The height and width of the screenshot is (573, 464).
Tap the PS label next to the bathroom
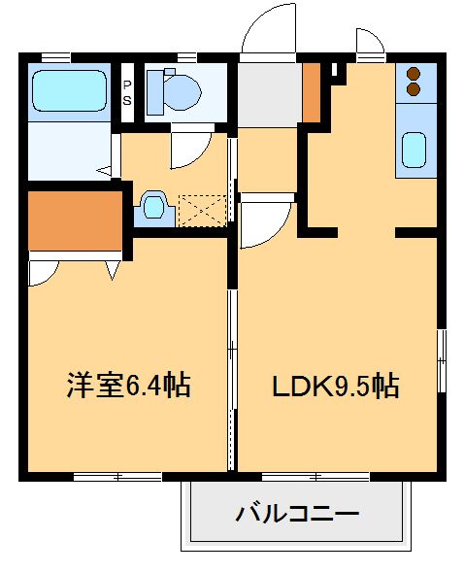point(127,91)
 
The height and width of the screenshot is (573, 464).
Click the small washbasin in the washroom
point(153,205)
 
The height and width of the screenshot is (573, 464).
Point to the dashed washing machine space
point(202,208)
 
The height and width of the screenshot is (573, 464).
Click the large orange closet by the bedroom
point(73,220)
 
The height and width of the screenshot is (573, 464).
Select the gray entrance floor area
point(269,95)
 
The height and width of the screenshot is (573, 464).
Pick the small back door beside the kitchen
point(370,44)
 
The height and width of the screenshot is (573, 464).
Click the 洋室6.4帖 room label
point(127,386)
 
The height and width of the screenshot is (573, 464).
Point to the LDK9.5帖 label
point(334,386)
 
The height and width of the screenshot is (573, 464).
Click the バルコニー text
point(297,513)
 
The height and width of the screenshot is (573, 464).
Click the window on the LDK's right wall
point(442,359)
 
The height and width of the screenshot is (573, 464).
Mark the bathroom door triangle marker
point(102,171)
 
